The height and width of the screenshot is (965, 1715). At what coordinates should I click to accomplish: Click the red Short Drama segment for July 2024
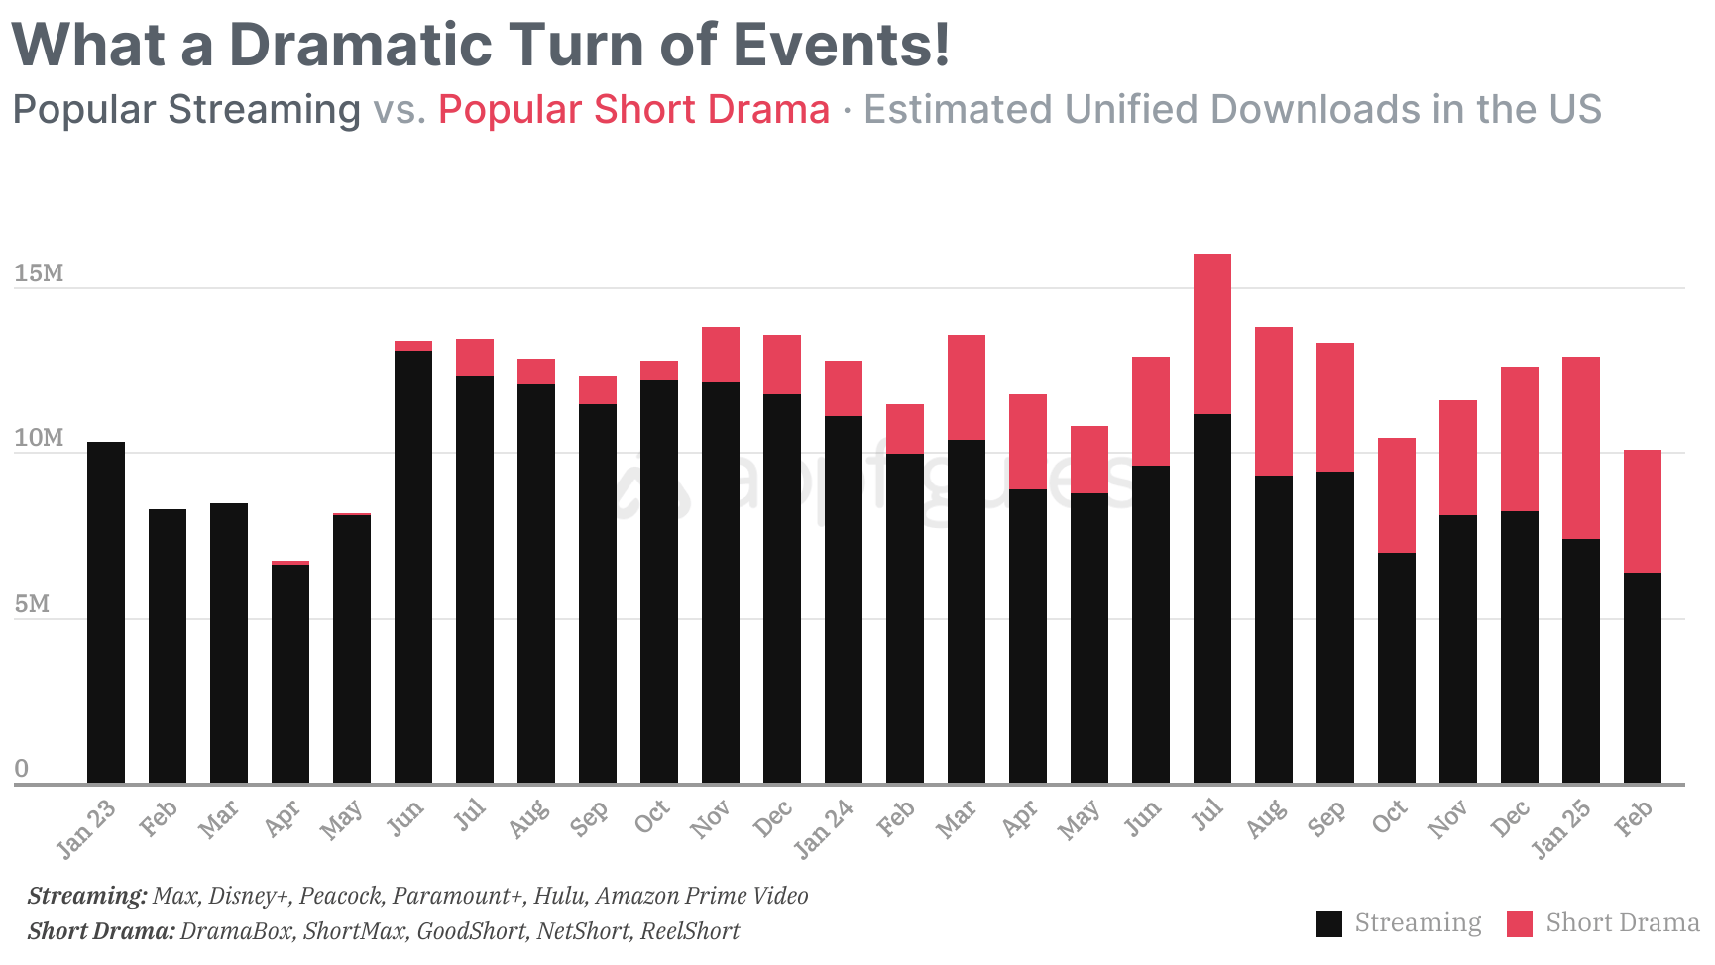(x=1211, y=334)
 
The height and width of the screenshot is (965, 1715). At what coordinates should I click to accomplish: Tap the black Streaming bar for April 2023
(x=290, y=674)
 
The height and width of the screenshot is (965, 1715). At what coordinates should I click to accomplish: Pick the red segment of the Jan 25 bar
(x=1580, y=448)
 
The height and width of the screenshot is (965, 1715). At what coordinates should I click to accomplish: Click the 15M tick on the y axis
(x=39, y=273)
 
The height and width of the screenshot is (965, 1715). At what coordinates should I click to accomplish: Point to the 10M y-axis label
(x=39, y=438)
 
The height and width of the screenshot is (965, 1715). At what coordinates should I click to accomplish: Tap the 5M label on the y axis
(x=32, y=603)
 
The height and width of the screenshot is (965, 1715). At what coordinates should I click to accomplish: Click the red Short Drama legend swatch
(x=1519, y=923)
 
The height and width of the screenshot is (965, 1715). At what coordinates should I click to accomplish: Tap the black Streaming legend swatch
(x=1328, y=923)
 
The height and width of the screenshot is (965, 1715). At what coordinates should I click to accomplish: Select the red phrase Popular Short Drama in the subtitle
(x=633, y=109)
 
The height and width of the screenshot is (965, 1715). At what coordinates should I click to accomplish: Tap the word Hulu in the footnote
(x=559, y=896)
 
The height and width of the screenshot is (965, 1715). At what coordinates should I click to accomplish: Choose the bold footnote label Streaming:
(x=87, y=896)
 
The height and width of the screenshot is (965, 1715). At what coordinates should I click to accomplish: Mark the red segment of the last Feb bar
(x=1642, y=511)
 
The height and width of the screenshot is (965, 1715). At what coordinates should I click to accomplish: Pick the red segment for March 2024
(x=966, y=387)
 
